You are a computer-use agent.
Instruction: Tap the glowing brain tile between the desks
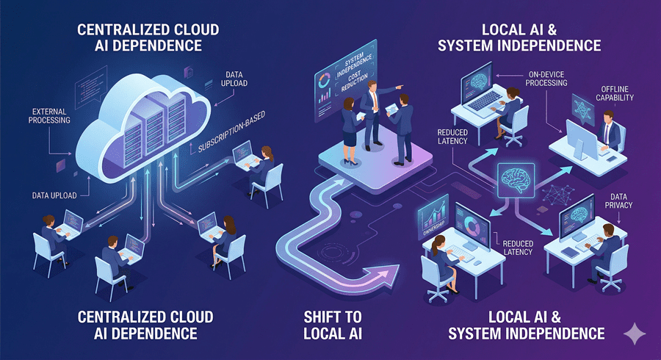click(515, 179)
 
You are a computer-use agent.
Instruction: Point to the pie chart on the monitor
click(469, 219)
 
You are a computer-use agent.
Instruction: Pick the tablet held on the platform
click(392, 108)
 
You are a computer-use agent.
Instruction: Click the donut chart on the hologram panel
click(325, 78)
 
